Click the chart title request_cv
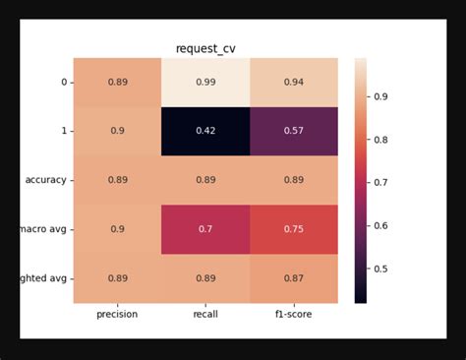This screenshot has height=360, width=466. [x=205, y=48]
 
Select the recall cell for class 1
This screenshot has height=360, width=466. [x=205, y=131]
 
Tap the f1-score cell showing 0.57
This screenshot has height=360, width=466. [x=293, y=131]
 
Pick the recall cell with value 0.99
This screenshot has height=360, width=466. [x=205, y=82]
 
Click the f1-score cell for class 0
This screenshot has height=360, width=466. [x=293, y=82]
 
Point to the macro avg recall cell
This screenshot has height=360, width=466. [x=205, y=229]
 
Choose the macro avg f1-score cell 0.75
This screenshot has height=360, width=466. [x=293, y=229]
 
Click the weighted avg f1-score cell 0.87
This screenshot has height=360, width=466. [x=293, y=278]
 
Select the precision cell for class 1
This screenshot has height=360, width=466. [x=117, y=131]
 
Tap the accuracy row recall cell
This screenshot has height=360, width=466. [x=205, y=180]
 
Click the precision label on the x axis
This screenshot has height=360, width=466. [x=117, y=314]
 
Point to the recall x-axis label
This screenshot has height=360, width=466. [x=205, y=314]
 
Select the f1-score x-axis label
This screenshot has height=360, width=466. [x=293, y=314]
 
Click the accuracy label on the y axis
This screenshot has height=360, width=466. [x=45, y=180]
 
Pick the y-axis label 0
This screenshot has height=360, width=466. [x=64, y=82]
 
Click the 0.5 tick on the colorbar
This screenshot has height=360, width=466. [x=380, y=269]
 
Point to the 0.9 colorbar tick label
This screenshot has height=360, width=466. [x=380, y=96]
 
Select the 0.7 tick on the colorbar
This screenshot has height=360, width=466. [x=380, y=183]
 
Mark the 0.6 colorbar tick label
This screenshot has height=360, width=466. [x=380, y=226]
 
